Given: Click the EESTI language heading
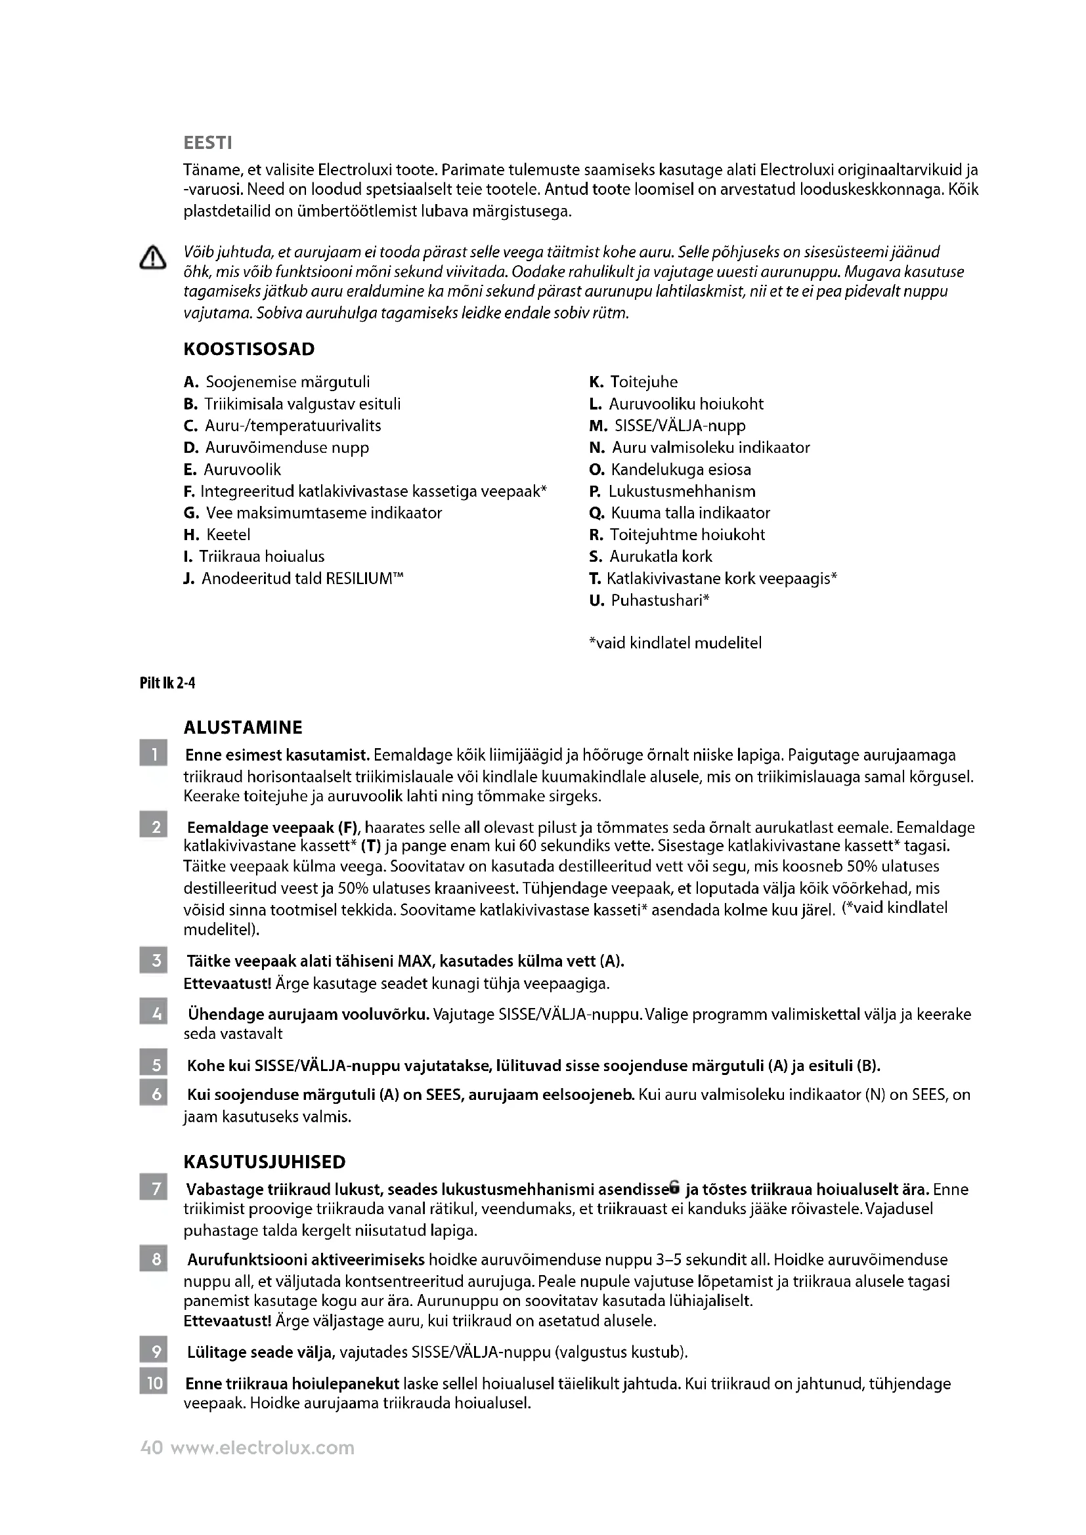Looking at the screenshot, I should (207, 143).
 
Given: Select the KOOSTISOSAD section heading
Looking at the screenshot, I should (249, 349).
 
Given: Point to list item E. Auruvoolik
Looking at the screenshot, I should (232, 469).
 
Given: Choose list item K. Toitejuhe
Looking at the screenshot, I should (633, 382).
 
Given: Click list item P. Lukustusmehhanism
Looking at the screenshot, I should (672, 492).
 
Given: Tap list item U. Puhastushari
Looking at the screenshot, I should (649, 600).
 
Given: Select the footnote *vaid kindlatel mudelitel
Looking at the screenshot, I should (675, 643).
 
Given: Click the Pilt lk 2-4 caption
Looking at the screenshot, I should (167, 683).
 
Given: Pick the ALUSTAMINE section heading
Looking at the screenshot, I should (243, 727).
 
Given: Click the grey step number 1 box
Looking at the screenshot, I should (153, 755).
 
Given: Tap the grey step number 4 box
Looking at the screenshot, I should (153, 1014).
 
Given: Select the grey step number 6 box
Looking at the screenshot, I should (153, 1095).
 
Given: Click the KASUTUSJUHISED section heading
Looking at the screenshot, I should (264, 1162).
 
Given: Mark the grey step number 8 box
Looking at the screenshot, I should (153, 1259).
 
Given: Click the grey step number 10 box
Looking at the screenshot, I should (153, 1383).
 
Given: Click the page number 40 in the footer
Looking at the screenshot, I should (151, 1448).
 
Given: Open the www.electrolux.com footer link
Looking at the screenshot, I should (262, 1448).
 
